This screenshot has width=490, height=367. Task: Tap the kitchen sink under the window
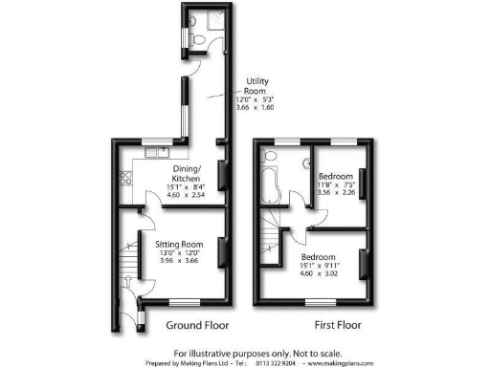point(153,155)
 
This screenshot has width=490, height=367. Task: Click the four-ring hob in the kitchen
point(124,179)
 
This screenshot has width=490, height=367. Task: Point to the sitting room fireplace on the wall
point(223,251)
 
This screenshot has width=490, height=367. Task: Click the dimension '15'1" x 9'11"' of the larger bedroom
point(317,268)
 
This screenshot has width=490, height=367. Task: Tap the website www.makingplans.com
point(347,363)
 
